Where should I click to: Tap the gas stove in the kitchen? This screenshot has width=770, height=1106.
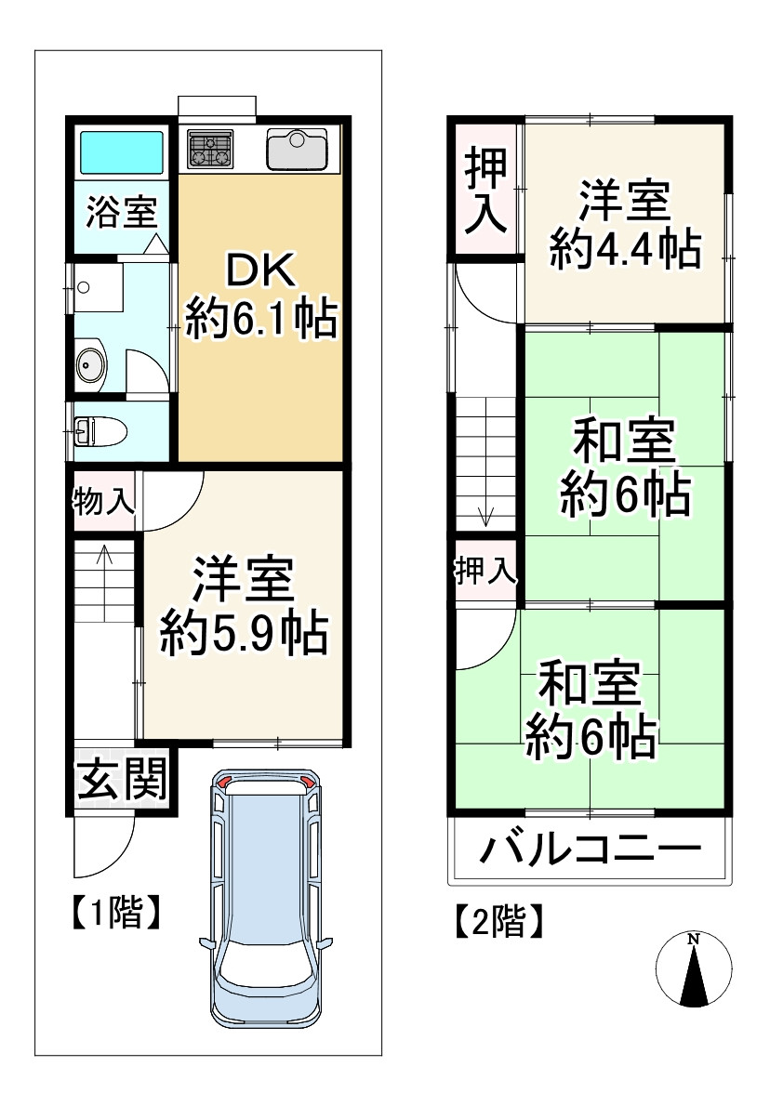(x=211, y=150)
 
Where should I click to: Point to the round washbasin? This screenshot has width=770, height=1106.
(x=92, y=366)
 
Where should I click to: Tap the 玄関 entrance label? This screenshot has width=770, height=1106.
(x=121, y=779)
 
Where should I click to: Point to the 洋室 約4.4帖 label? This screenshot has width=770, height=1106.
(x=624, y=225)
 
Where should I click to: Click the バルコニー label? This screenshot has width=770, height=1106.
(x=590, y=849)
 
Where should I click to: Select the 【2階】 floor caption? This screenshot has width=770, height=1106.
(x=498, y=922)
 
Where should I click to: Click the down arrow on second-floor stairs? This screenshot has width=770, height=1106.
(x=484, y=514)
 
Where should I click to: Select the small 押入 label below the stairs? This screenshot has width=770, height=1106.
(x=485, y=571)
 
